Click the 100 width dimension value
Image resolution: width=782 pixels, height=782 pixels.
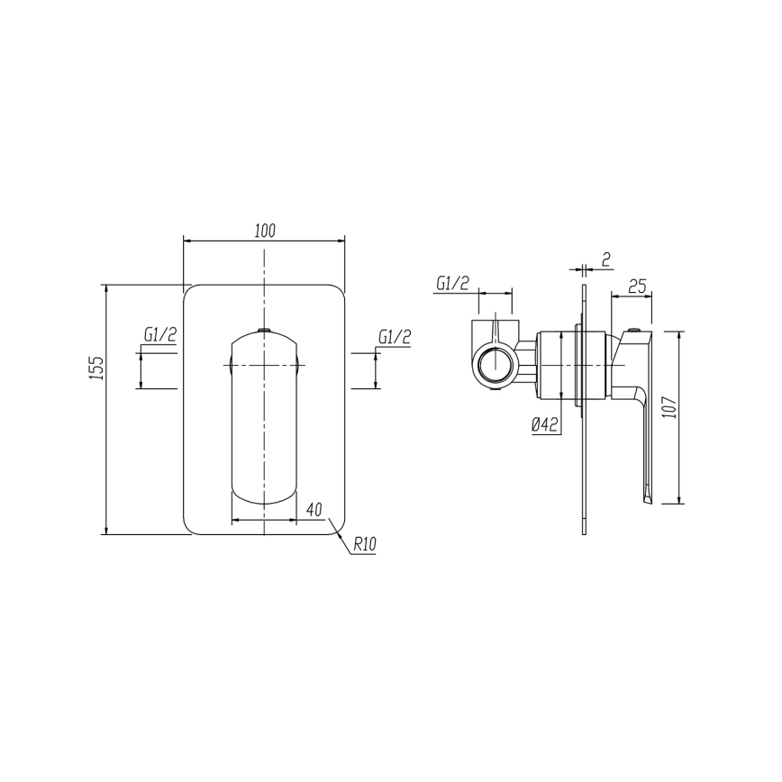[264, 231]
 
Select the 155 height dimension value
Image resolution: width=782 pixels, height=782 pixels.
[98, 368]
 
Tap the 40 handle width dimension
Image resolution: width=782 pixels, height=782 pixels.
[314, 510]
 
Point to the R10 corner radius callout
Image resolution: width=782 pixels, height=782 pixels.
[364, 545]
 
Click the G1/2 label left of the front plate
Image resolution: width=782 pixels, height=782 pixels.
[159, 335]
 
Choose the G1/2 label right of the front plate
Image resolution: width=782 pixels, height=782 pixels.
[394, 337]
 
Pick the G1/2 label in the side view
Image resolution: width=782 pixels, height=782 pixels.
[452, 283]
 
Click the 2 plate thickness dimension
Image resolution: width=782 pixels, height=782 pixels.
[606, 259]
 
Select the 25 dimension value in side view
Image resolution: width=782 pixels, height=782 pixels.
[637, 287]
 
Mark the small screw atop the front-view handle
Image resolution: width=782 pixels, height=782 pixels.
[263, 331]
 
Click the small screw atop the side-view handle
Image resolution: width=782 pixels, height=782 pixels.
[636, 332]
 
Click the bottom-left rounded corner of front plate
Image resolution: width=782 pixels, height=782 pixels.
[190, 529]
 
